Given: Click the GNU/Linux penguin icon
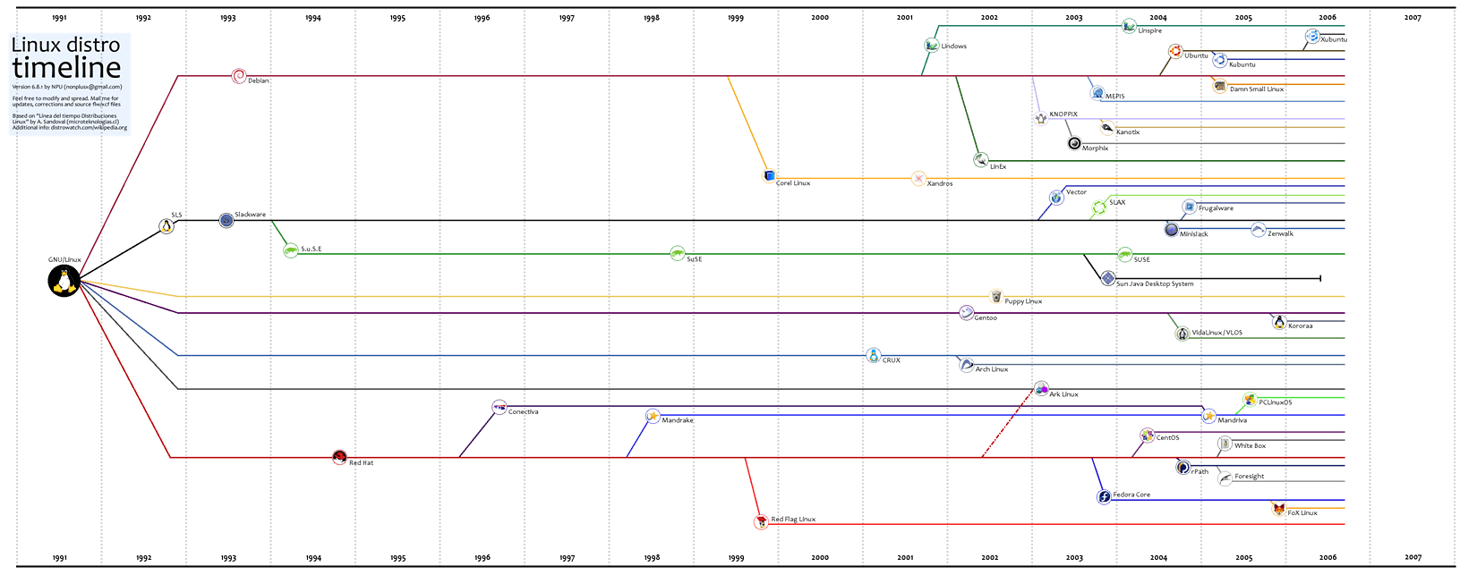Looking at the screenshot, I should coord(64,281).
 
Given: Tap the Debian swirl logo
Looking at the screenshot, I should coord(238,76).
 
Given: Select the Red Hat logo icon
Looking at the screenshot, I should coord(339,458).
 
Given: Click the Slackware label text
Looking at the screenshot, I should coord(250,215).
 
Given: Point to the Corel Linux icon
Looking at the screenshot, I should coord(769,175).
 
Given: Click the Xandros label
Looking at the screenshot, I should coord(940,183).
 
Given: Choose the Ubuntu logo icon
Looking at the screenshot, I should coord(1175,52).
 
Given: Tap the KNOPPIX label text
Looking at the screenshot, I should coord(1063,114).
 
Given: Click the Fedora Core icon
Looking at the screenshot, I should coord(1105,496).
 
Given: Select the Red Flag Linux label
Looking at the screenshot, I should coord(793,520).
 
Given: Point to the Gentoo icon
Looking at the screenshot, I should coord(966,313).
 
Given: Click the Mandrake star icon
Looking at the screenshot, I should coord(653,416).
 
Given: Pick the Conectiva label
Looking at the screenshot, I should coord(523,412).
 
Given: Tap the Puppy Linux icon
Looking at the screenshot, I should coord(995,297).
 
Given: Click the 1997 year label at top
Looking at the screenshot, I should coord(567,18).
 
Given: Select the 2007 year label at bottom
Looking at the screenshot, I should coord(1413,558).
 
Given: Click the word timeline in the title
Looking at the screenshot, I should coord(66,68).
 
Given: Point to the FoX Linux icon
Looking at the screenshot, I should coord(1279,509).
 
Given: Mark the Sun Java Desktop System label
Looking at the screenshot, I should coord(1155,284).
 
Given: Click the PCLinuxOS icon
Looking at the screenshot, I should coord(1250,400).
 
